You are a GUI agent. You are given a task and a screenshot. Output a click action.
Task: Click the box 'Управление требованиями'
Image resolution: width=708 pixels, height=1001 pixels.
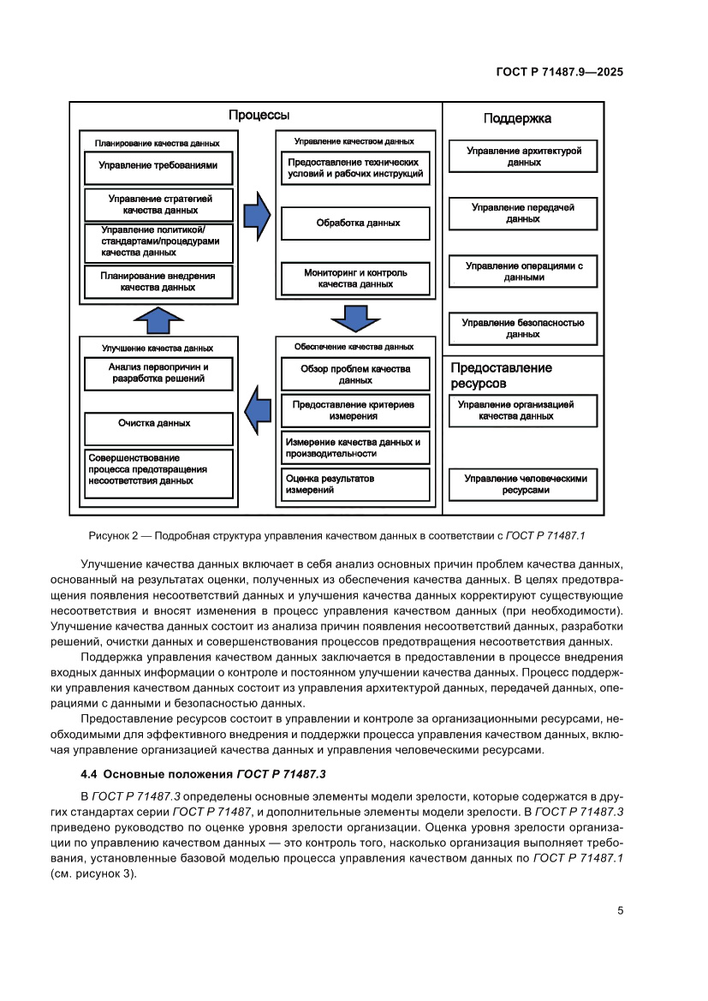pyautogui.click(x=158, y=166)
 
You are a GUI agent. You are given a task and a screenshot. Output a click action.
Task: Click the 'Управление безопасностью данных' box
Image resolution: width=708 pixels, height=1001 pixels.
pyautogui.click(x=522, y=329)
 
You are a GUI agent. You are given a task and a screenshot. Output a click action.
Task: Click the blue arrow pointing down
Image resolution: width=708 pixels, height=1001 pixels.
pyautogui.click(x=355, y=318)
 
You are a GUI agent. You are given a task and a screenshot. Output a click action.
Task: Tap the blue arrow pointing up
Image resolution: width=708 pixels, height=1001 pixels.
pyautogui.click(x=158, y=319)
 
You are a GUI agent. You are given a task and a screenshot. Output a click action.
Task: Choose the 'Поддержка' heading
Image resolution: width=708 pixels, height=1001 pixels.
pyautogui.click(x=517, y=119)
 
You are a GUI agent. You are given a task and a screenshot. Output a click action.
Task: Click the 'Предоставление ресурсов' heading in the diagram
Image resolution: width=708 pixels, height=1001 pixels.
pyautogui.click(x=501, y=375)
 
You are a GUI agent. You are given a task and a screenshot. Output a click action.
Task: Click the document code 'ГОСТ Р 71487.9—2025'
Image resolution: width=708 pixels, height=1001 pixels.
pyautogui.click(x=559, y=73)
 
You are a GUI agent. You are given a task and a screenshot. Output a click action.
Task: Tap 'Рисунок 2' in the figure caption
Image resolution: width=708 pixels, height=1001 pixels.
pyautogui.click(x=115, y=535)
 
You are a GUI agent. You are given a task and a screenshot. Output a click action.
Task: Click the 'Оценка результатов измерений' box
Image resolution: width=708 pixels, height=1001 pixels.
pyautogui.click(x=355, y=485)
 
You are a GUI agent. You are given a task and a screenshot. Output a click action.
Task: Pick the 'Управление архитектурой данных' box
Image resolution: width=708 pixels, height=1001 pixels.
pyautogui.click(x=523, y=156)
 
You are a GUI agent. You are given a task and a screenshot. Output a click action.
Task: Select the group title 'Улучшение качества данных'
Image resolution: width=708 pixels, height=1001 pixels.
pyautogui.click(x=158, y=349)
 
